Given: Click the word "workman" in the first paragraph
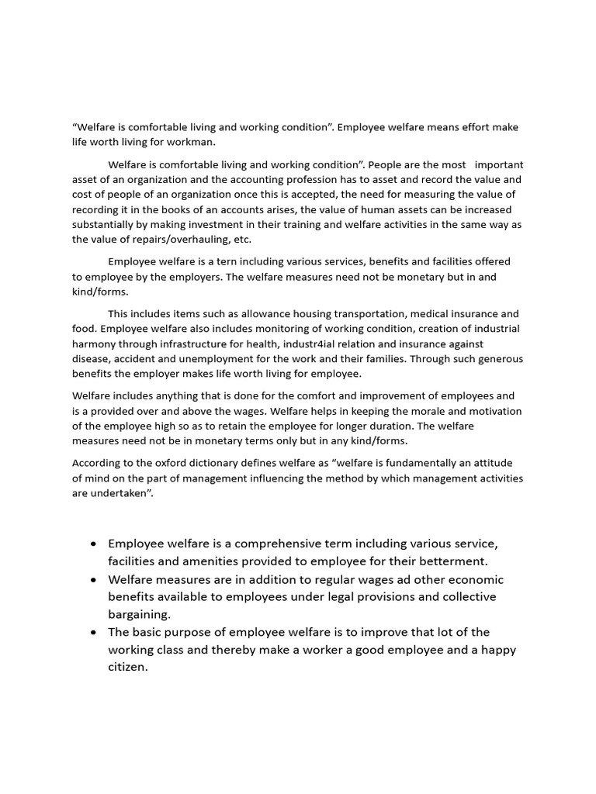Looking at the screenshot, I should click(x=183, y=142).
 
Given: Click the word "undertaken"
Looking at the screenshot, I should click(x=120, y=493).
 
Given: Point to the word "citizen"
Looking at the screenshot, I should click(x=127, y=666).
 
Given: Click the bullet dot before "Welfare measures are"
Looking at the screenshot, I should click(x=93, y=580).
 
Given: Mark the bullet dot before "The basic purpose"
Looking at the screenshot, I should click(x=93, y=632).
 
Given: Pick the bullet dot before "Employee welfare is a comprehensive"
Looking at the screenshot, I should click(x=93, y=544).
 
